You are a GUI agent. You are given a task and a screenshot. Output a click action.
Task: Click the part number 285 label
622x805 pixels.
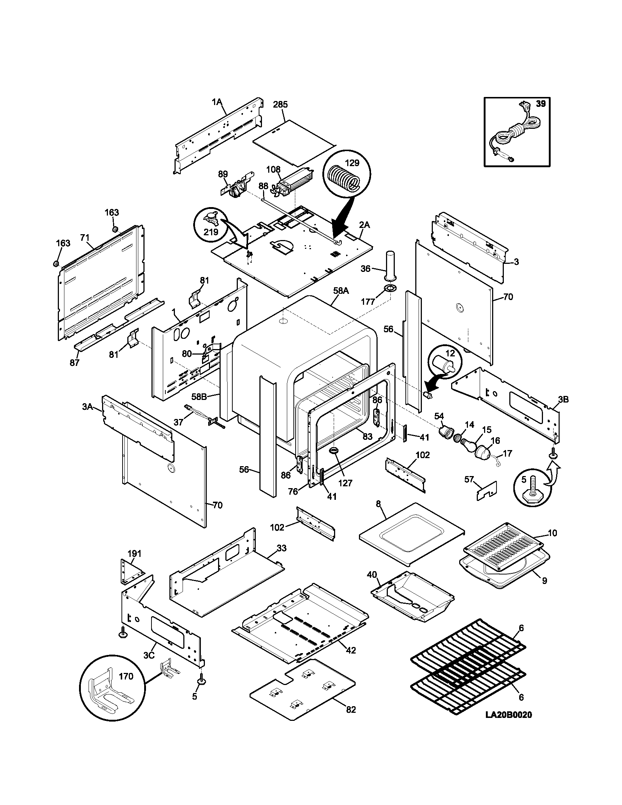coord(280,105)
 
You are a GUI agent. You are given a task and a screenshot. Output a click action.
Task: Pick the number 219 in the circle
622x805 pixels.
coord(211,232)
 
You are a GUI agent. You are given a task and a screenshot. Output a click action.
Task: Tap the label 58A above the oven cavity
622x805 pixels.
coord(341,291)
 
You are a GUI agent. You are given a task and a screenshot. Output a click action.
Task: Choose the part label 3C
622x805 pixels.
coord(149,655)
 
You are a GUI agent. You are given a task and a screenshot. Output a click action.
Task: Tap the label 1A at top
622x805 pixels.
coord(217,102)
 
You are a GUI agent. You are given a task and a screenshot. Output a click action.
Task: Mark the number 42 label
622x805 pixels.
coord(351,651)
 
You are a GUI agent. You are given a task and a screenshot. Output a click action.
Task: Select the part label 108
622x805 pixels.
coord(273,169)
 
